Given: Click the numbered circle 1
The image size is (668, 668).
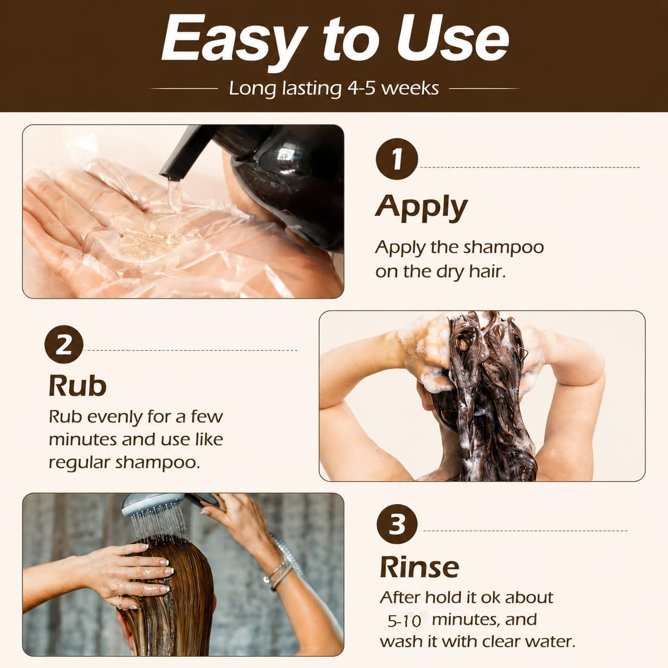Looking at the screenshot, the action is pyautogui.click(x=396, y=159).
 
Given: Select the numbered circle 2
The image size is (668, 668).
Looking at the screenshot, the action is pyautogui.click(x=64, y=344).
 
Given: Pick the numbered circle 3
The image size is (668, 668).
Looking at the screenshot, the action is pyautogui.click(x=397, y=524).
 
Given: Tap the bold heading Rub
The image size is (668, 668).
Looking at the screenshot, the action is pyautogui.click(x=77, y=385).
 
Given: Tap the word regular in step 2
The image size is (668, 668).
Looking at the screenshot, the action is pyautogui.click(x=79, y=463).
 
